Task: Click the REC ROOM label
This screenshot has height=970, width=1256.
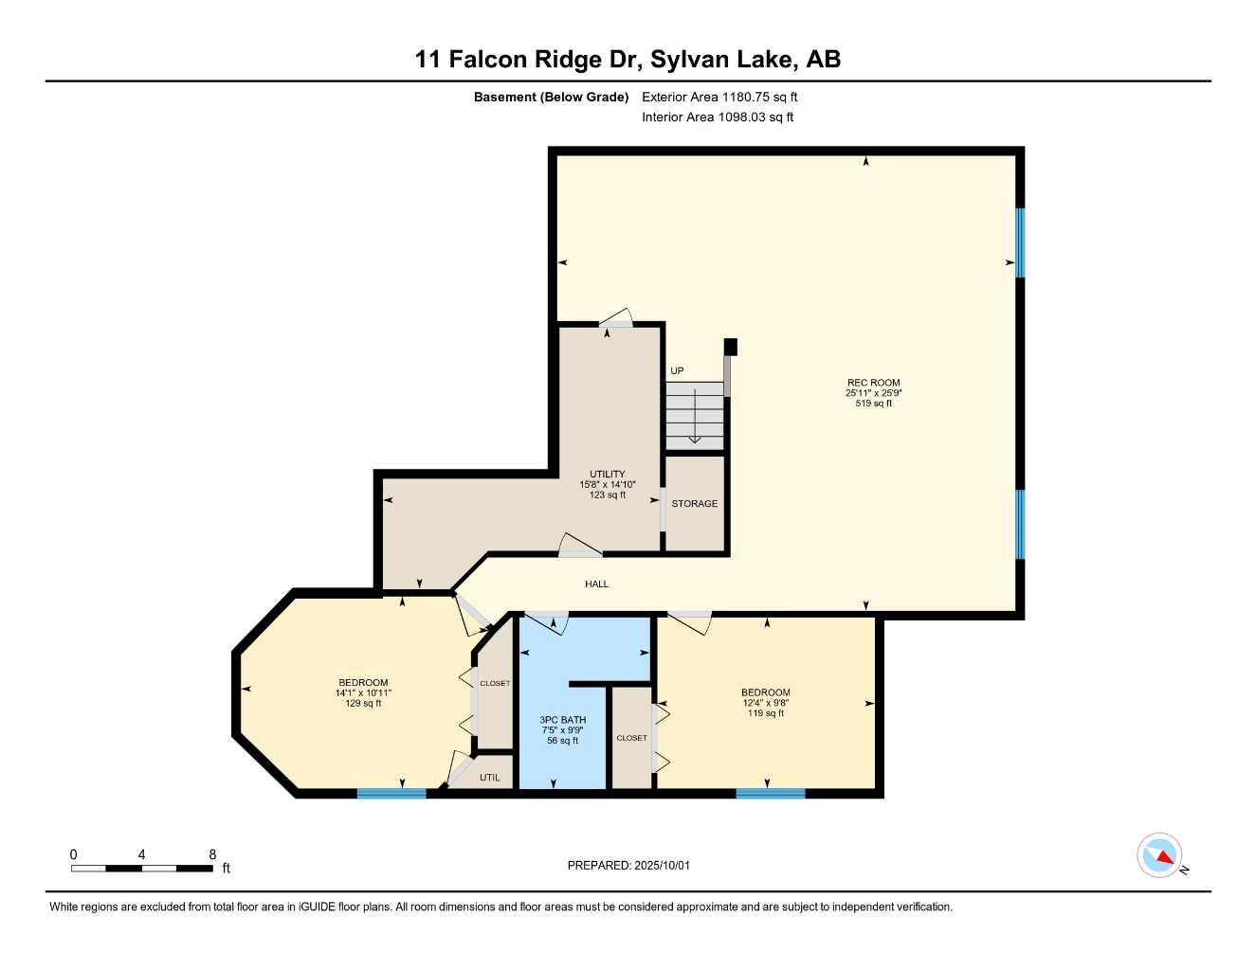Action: click(x=873, y=383)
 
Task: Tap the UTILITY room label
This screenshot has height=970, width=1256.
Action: click(x=607, y=475)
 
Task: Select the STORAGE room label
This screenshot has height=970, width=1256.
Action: click(x=694, y=504)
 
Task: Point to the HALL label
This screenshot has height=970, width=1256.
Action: click(x=596, y=584)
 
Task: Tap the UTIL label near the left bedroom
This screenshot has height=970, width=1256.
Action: click(x=489, y=778)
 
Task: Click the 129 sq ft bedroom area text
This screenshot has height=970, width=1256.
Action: click(x=363, y=704)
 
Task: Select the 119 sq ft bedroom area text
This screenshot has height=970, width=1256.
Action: click(x=765, y=713)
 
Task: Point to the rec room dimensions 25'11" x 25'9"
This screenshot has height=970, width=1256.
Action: click(x=873, y=393)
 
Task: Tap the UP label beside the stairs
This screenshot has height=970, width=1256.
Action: click(x=677, y=370)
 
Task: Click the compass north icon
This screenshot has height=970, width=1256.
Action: click(x=1160, y=856)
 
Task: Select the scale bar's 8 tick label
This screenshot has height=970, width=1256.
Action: click(x=211, y=854)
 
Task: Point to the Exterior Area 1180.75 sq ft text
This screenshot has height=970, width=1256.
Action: click(x=719, y=97)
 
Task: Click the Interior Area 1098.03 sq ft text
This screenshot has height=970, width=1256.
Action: click(x=718, y=117)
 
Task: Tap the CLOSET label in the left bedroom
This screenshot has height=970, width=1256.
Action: click(x=494, y=683)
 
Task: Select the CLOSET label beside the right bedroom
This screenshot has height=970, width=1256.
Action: click(x=631, y=738)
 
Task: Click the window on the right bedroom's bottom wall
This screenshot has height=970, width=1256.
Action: click(x=770, y=793)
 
